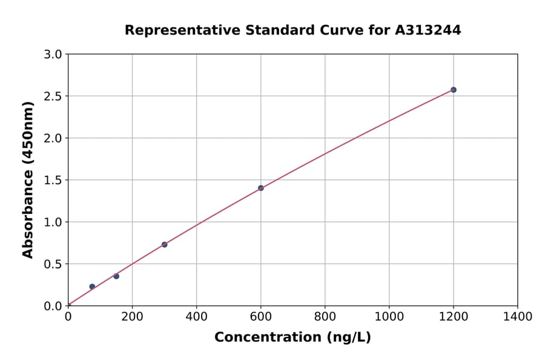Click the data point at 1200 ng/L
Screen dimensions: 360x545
(453, 90)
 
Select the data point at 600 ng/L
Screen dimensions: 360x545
(260, 188)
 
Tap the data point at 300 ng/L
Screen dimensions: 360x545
(164, 244)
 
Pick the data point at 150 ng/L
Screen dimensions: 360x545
(116, 276)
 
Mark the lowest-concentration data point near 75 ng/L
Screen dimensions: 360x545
(92, 287)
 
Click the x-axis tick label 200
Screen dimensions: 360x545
(132, 316)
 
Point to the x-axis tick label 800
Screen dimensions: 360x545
(325, 316)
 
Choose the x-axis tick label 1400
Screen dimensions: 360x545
(517, 316)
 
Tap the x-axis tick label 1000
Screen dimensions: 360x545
(389, 316)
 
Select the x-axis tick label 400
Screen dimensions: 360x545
(196, 316)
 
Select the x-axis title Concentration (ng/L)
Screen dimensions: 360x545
(292, 338)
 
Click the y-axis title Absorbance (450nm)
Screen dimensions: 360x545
(28, 180)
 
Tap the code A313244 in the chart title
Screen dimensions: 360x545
(428, 30)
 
